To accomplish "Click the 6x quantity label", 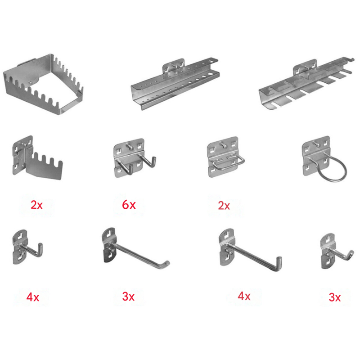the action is (129, 205).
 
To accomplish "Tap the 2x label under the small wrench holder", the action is (36, 205).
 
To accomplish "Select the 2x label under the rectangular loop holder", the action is (224, 206).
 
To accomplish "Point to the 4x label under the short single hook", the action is (32, 297).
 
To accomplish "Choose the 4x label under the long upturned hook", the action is (244, 296).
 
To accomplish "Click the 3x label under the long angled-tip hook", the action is (128, 297).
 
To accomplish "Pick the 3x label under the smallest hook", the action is (335, 297).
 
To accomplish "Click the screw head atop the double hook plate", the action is (129, 145).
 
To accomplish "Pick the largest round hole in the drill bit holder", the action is (210, 74).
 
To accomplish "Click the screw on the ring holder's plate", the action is (316, 144).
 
